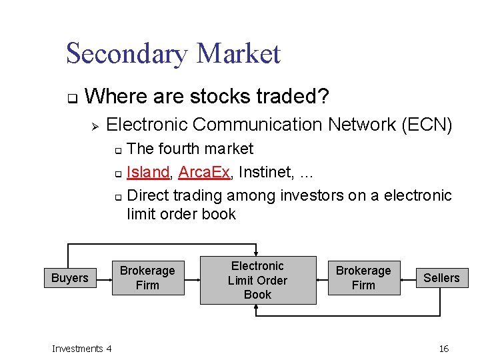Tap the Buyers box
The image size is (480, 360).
(x=69, y=278)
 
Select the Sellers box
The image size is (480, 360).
(x=441, y=278)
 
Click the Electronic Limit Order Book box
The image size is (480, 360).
(x=258, y=280)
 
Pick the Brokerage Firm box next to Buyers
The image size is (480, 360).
(x=147, y=278)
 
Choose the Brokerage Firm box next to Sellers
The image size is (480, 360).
(x=363, y=278)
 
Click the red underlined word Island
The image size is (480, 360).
(x=147, y=172)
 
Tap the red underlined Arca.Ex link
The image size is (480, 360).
(x=204, y=172)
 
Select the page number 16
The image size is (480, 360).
(x=444, y=349)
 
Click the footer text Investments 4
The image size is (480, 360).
(x=81, y=349)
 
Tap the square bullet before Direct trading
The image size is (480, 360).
(x=117, y=197)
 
